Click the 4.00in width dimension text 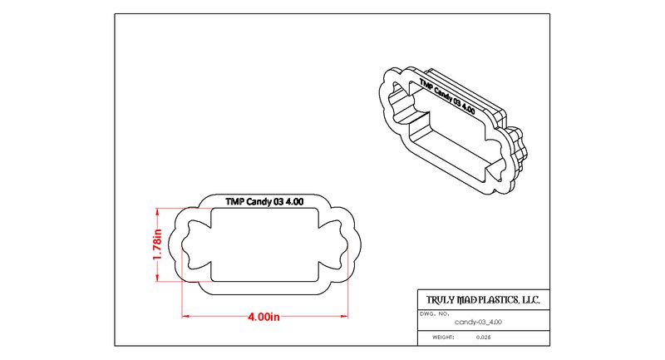tap(264, 317)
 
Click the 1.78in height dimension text tap(157, 244)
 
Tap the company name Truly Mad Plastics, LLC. tap(483, 300)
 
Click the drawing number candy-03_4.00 tap(478, 322)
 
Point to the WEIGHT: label tap(443, 337)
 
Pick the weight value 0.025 tap(483, 337)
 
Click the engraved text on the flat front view tap(264, 201)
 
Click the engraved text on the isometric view tap(447, 96)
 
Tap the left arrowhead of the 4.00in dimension tap(185, 316)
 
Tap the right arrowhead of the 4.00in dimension tap(344, 316)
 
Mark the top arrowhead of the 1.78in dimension tap(157, 211)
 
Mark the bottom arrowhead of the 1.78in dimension tap(157, 278)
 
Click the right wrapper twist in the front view tap(333, 244)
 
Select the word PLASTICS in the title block tap(497, 300)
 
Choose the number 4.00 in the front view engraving tap(294, 201)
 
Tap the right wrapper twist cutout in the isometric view tap(495, 170)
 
